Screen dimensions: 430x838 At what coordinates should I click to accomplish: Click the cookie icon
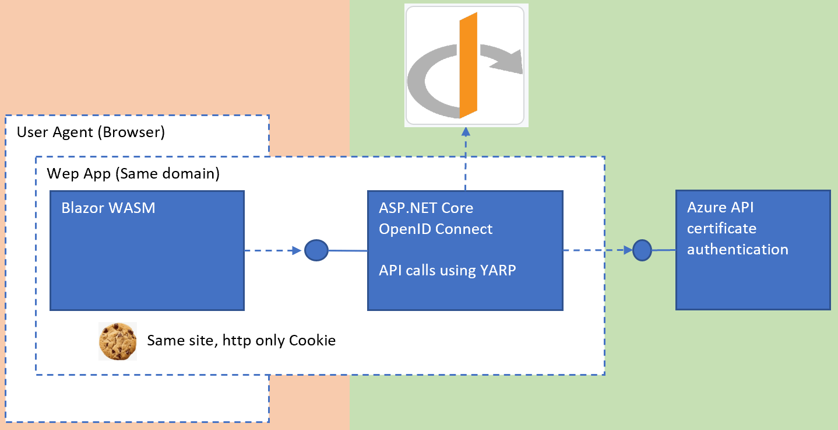118,341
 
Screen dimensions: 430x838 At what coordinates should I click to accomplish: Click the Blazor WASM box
146,257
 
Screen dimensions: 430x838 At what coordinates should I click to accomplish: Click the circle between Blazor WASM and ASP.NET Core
316,250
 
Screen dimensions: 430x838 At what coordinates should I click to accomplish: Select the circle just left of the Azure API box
642,250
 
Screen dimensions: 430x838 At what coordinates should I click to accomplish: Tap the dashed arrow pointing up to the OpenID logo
465,158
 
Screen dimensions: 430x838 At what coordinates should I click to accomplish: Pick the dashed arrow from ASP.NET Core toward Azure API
597,250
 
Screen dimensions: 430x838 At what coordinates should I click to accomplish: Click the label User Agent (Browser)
91,132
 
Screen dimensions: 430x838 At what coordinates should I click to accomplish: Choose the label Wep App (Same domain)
133,174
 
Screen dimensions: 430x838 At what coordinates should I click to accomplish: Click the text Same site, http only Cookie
241,340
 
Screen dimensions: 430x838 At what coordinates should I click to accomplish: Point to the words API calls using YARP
447,270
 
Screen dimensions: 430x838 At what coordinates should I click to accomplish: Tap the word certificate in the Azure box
721,228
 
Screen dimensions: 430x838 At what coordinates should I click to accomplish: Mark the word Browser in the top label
131,132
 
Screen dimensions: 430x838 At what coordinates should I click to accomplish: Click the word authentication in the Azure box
737,249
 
